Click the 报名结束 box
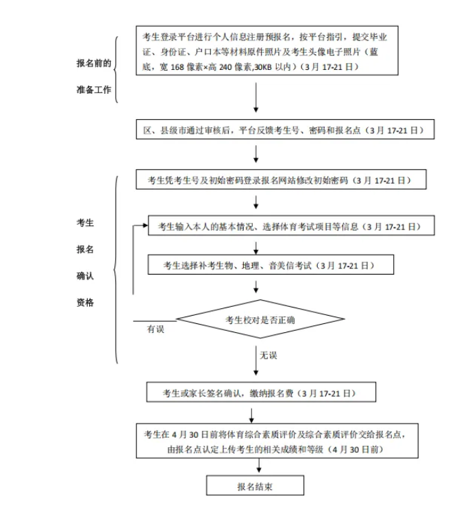coord(255,486)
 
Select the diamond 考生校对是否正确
coord(260,319)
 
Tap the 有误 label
coord(155,329)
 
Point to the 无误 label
coord(269,355)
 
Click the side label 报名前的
coord(94,63)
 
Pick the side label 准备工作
coord(94,90)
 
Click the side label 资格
coord(85,302)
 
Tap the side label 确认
coord(85,276)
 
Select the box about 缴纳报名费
coord(261,392)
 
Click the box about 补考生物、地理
coord(271,264)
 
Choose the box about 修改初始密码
coord(282,179)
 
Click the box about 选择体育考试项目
coord(292,225)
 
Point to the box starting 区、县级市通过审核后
coord(285,129)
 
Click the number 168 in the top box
coord(177,67)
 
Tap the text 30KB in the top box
coord(263,67)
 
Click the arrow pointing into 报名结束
coord(259,465)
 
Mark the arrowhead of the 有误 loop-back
coord(146,225)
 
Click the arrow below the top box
coord(256,97)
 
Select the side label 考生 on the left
coord(85,223)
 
